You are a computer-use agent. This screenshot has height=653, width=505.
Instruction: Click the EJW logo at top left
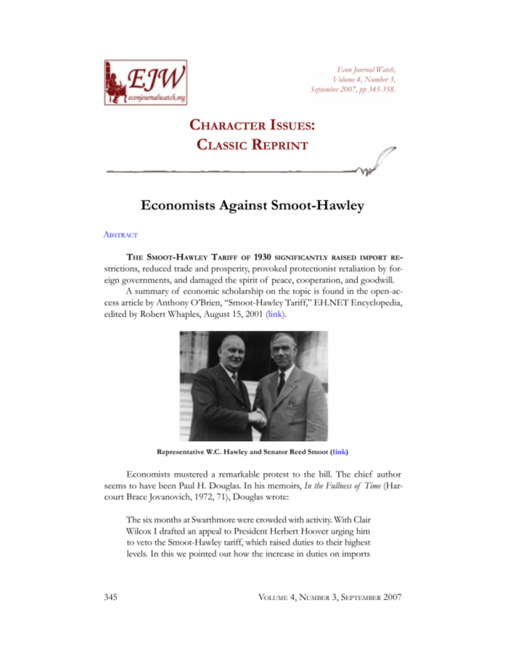coord(145,82)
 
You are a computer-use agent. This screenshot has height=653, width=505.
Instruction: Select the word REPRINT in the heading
coord(275,145)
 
